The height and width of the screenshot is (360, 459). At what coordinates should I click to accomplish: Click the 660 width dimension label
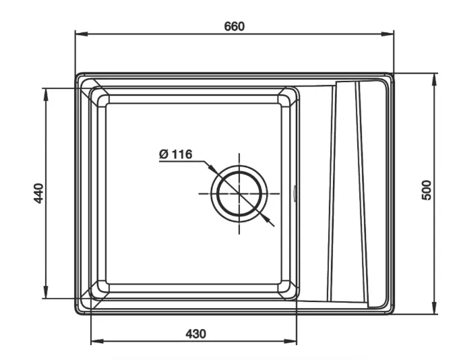(234, 26)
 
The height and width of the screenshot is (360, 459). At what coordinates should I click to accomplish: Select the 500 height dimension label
(427, 190)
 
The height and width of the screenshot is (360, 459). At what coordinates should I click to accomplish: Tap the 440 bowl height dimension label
(38, 193)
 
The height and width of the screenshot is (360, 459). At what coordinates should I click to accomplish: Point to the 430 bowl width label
(195, 334)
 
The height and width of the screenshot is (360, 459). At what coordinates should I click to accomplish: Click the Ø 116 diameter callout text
(176, 154)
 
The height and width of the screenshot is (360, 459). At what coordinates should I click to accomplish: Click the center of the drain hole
(239, 193)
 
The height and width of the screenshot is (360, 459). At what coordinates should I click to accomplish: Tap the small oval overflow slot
(295, 193)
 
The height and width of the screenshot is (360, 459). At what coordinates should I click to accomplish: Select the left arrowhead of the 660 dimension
(82, 34)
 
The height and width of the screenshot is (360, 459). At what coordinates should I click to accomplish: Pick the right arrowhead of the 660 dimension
(388, 34)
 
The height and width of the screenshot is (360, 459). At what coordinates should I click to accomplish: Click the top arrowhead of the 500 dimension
(435, 80)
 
